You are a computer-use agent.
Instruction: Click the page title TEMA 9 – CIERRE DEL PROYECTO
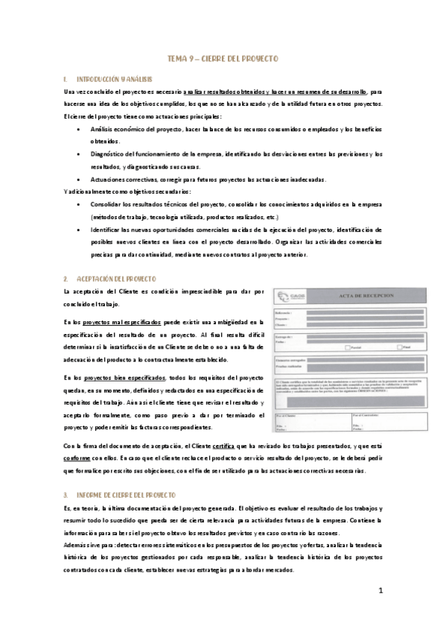223,58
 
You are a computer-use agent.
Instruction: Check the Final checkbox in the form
400,347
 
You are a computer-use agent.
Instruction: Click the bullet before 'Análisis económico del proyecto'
79,130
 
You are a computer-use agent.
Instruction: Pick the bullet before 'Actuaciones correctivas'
79,180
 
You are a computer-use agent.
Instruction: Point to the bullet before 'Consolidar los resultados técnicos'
79,204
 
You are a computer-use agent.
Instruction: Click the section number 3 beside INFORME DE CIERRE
66,495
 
